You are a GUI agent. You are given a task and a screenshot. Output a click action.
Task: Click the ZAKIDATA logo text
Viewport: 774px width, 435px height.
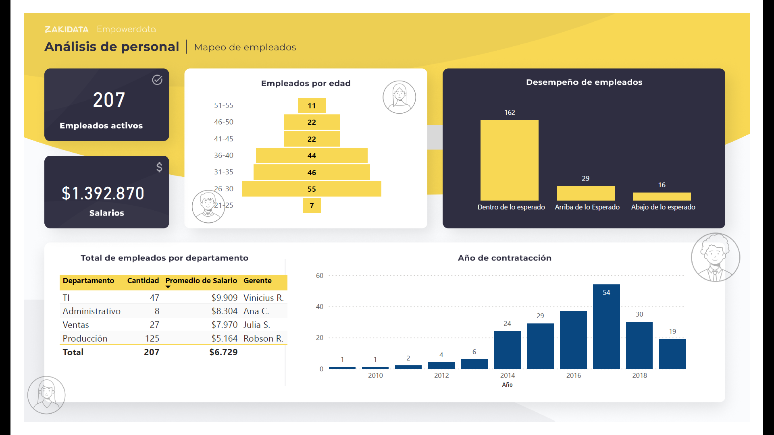67,29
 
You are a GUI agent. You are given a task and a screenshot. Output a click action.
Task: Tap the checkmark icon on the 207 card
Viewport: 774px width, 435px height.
157,80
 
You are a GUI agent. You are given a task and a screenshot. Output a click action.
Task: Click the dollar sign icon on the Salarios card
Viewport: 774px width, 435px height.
159,167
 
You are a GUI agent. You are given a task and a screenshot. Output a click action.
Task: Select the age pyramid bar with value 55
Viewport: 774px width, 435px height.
312,189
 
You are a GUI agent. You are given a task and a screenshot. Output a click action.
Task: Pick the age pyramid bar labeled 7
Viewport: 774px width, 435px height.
312,206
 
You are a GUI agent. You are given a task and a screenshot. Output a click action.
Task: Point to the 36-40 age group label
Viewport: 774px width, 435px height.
224,155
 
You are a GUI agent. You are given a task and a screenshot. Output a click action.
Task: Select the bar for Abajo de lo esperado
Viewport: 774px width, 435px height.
662,197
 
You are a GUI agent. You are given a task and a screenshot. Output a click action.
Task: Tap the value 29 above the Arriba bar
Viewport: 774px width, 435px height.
585,178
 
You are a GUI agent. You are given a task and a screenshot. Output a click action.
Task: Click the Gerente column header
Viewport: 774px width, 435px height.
258,281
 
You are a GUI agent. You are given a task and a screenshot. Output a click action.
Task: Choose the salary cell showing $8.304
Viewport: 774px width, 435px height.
225,311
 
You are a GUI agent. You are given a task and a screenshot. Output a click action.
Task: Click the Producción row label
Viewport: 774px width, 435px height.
85,339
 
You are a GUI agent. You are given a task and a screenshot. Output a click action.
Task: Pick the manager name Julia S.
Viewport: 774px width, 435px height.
257,325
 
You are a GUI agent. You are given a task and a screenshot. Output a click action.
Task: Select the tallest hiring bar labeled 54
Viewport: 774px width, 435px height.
606,326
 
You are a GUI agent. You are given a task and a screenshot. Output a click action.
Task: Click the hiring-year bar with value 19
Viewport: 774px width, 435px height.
672,354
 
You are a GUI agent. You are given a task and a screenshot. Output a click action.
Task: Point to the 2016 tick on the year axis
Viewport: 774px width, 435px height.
573,375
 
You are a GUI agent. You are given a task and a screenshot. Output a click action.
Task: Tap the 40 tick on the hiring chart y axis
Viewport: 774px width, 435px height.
320,307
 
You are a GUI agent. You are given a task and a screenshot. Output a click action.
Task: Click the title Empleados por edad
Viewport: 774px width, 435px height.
306,83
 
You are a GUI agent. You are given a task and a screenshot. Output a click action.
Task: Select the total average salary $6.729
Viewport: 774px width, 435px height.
223,352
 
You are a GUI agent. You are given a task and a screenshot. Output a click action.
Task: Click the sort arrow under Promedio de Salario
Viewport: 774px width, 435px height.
168,287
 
